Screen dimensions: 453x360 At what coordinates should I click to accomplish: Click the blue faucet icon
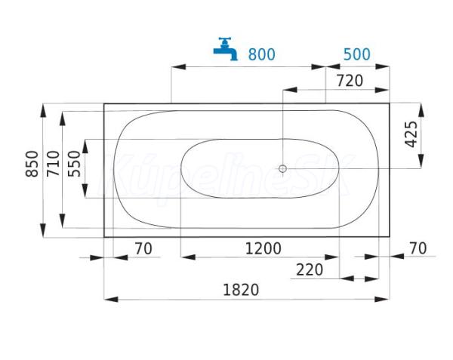(x=225, y=49)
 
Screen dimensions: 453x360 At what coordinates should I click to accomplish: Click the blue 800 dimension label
(x=262, y=54)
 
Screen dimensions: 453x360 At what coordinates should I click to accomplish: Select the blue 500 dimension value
(x=357, y=54)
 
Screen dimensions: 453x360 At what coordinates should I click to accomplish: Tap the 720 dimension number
(x=350, y=81)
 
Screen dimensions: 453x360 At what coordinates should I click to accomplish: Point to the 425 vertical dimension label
(x=411, y=134)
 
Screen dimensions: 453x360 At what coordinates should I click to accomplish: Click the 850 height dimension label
(x=32, y=164)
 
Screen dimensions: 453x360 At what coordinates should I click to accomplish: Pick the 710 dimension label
(x=54, y=164)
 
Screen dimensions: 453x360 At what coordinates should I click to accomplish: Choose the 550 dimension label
(x=74, y=164)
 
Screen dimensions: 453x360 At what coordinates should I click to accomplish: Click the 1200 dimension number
(x=263, y=248)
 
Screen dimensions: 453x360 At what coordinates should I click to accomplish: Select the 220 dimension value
(x=310, y=270)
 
